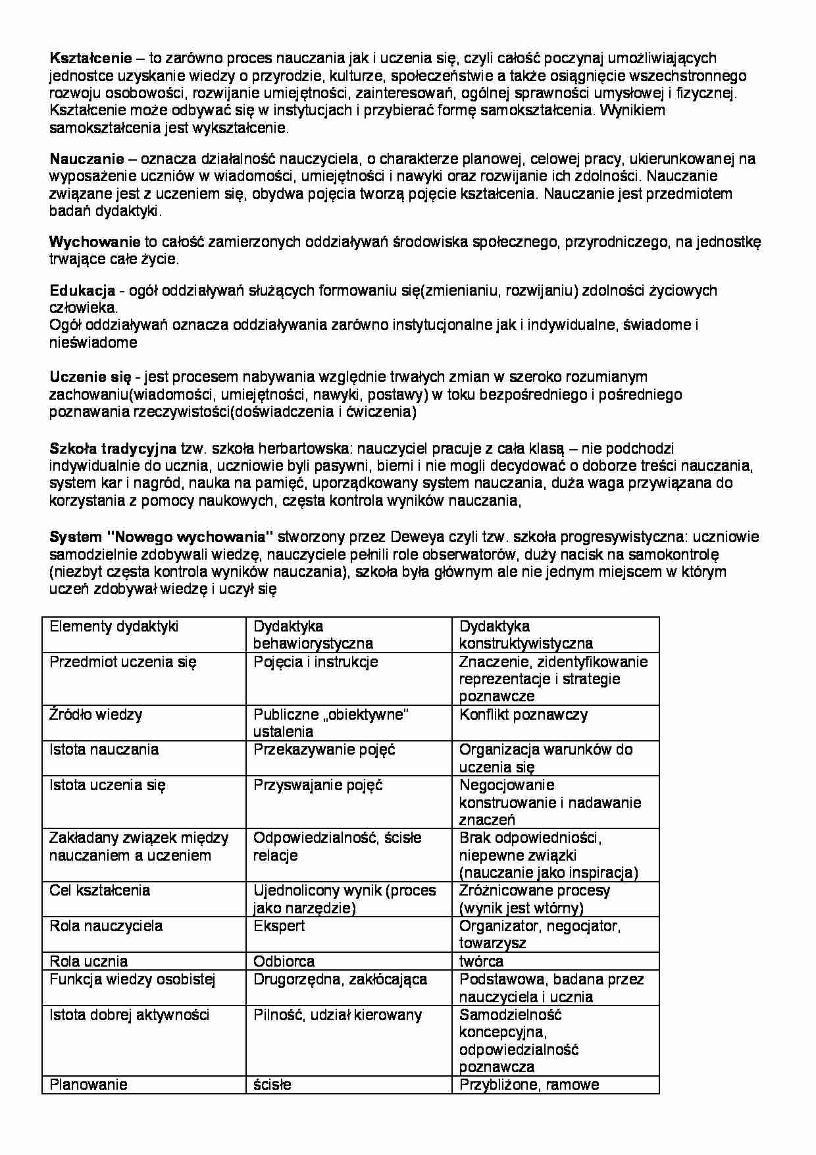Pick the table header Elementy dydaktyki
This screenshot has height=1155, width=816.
click(x=114, y=626)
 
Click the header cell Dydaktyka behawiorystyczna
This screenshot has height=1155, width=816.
click(x=313, y=635)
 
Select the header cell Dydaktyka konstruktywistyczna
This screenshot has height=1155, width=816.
click(x=525, y=635)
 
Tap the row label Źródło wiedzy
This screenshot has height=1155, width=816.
click(x=95, y=714)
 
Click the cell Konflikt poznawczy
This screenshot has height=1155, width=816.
click(x=523, y=714)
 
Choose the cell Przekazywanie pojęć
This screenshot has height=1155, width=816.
click(x=324, y=749)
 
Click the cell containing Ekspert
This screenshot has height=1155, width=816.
click(x=279, y=926)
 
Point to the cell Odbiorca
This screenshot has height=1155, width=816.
click(x=284, y=961)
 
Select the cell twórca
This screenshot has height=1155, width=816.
click(x=481, y=961)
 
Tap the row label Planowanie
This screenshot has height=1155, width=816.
click(x=88, y=1085)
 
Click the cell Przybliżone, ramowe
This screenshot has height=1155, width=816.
click(x=529, y=1085)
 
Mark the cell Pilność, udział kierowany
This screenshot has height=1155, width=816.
click(x=337, y=1015)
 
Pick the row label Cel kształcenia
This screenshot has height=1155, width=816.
click(x=99, y=890)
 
